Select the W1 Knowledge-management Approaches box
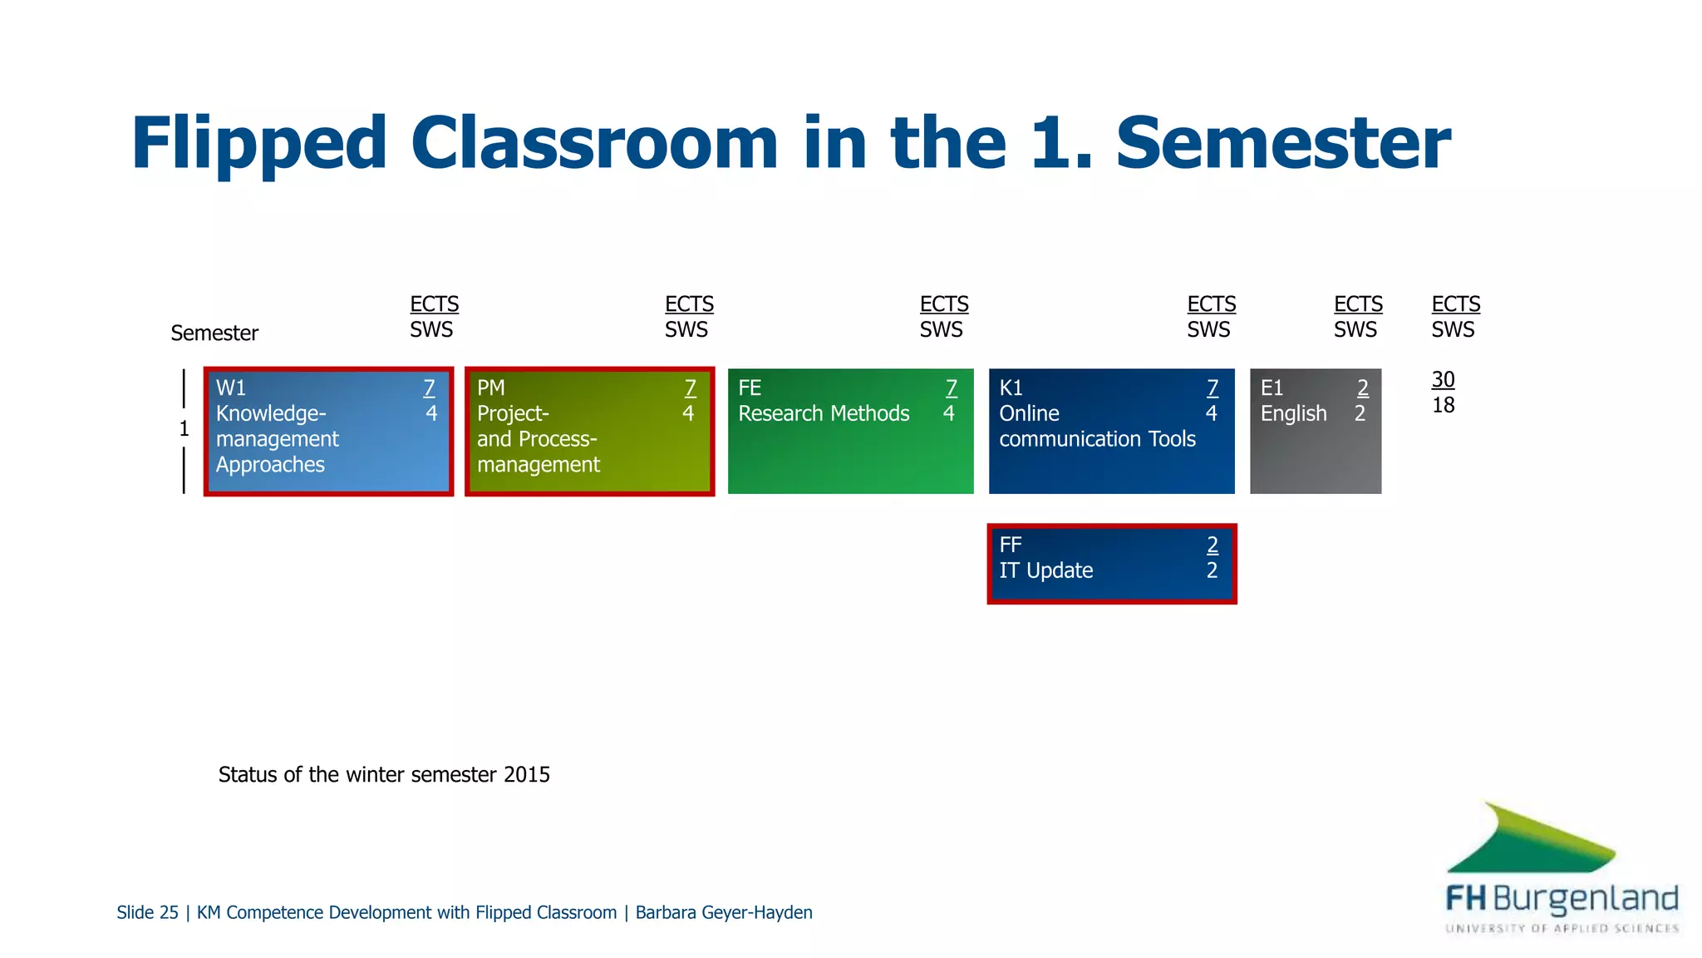(x=328, y=431)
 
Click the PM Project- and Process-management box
(x=589, y=431)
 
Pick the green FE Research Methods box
(x=850, y=431)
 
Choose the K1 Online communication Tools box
(x=1111, y=431)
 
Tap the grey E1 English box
(x=1315, y=431)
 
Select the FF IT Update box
(x=1111, y=563)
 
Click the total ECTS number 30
(x=1443, y=380)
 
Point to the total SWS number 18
(x=1443, y=405)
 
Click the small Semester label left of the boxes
(x=214, y=333)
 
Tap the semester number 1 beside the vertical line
(x=184, y=429)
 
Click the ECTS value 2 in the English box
(x=1362, y=388)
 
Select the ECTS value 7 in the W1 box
(x=429, y=388)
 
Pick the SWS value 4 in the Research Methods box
(x=948, y=413)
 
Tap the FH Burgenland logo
(x=1561, y=869)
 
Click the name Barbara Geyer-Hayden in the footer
(x=723, y=912)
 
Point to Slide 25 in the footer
(x=147, y=912)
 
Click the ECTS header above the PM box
(x=689, y=304)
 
